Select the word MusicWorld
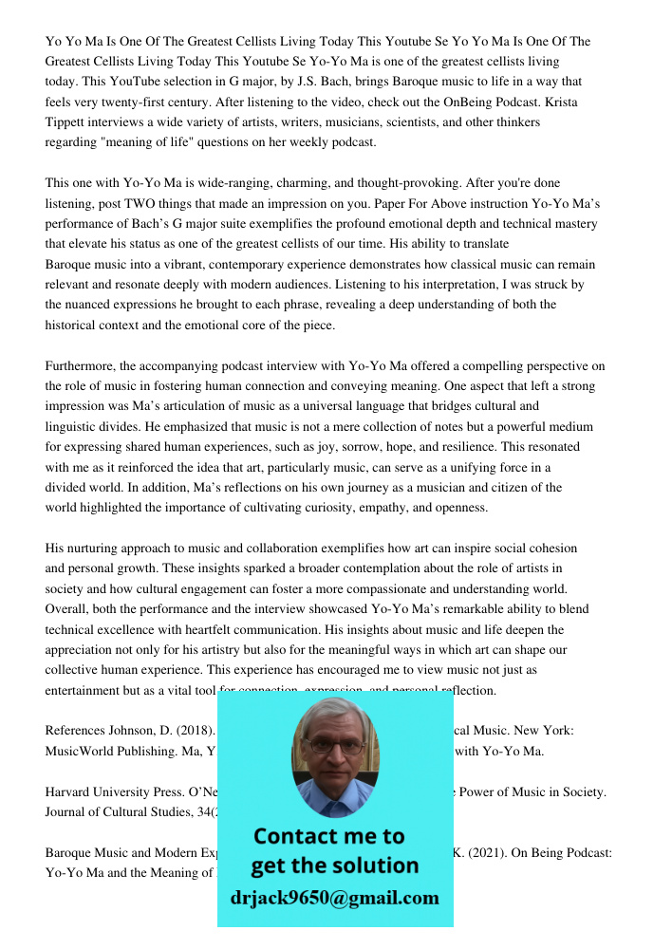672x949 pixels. (x=82, y=752)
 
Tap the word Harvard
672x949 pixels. (x=70, y=791)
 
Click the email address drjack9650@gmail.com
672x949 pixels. (x=334, y=897)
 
